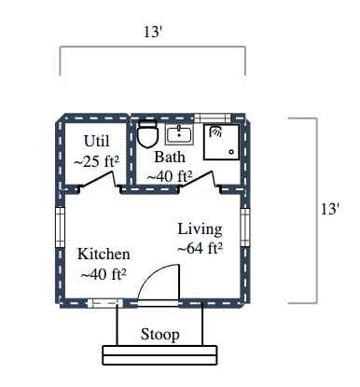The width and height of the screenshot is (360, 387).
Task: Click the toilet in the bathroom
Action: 146,135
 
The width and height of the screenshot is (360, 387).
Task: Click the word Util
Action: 96,141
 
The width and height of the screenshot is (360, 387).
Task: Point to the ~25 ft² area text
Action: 96,161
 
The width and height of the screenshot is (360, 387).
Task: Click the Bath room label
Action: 170,157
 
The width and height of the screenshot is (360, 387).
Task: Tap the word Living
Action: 200,229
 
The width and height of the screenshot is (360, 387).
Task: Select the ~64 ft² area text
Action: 200,248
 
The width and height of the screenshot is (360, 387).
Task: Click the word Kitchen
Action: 104,254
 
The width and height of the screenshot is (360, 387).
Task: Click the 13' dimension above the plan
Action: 154,32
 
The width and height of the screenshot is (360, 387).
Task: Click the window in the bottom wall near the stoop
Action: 104,302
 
